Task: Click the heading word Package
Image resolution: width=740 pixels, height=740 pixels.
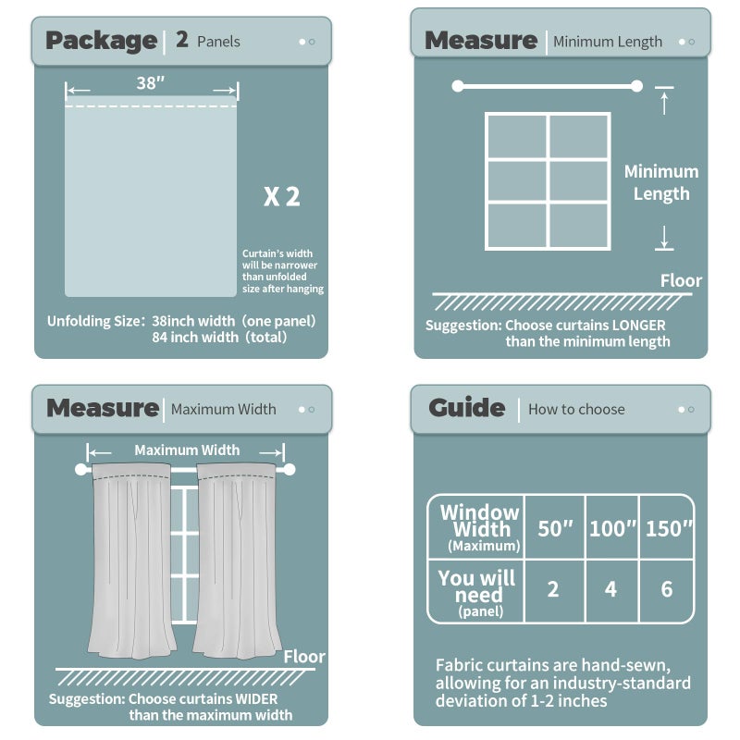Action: point(101,41)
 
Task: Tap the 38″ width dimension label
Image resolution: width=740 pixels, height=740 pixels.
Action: point(151,83)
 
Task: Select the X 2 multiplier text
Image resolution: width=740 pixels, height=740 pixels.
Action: point(281,196)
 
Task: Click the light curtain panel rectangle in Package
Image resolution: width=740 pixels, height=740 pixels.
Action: point(151,199)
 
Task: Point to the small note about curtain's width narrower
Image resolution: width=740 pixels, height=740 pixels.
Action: point(282,271)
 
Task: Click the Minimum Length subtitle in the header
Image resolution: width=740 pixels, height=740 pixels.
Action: point(607,42)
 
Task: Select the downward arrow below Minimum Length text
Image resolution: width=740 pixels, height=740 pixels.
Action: point(663,238)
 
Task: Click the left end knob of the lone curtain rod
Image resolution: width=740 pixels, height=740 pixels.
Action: point(457,86)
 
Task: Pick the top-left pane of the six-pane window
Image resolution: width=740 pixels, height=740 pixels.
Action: point(517,136)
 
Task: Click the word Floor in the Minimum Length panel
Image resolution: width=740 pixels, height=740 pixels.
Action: point(681,280)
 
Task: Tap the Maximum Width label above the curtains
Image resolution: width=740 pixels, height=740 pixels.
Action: point(187,450)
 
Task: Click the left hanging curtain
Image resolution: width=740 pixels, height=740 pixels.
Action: point(131,560)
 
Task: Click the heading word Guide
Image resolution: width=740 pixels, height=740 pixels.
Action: point(466,409)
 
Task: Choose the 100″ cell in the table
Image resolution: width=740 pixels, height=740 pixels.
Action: point(610,528)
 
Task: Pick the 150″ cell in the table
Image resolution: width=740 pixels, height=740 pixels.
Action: point(667,528)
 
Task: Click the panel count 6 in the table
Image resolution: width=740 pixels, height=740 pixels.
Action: point(667,589)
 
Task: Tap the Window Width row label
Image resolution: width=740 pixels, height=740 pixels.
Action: point(479,528)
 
